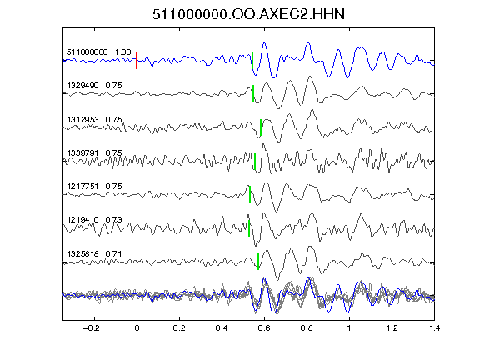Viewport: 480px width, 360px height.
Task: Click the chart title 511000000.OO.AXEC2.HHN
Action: pyautogui.click(x=248, y=14)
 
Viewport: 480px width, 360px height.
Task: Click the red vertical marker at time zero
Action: pyautogui.click(x=137, y=60)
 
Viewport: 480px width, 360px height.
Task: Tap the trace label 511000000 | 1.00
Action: pyautogui.click(x=99, y=52)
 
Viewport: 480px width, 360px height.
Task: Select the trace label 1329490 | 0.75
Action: pyautogui.click(x=95, y=85)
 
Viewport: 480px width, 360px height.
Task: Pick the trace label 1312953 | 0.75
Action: pyautogui.click(x=95, y=119)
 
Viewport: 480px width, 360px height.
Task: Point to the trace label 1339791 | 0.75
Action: pyautogui.click(x=95, y=152)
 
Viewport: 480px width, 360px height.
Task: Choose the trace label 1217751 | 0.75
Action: pyautogui.click(x=95, y=186)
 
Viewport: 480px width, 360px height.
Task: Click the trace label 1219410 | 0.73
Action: pyautogui.click(x=95, y=219)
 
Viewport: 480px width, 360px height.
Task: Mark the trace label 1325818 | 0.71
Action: pyautogui.click(x=95, y=254)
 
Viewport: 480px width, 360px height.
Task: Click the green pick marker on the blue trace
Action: pyautogui.click(x=252, y=60)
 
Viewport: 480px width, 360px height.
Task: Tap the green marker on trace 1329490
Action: pyautogui.click(x=253, y=93)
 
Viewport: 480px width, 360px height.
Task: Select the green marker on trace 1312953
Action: pyautogui.click(x=261, y=127)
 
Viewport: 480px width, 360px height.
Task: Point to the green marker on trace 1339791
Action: pyautogui.click(x=255, y=161)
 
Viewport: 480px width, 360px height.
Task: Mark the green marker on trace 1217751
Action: pyautogui.click(x=250, y=194)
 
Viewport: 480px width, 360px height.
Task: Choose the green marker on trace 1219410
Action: pyautogui.click(x=249, y=228)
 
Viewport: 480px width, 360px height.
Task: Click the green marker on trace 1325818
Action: pyautogui.click(x=258, y=262)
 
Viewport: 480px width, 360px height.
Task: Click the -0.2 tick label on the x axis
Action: pyautogui.click(x=91, y=328)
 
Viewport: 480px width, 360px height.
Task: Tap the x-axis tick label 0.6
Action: pyautogui.click(x=264, y=328)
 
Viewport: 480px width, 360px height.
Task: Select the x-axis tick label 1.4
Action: pyautogui.click(x=434, y=328)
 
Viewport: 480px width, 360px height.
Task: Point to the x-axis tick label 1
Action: pyautogui.click(x=349, y=328)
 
